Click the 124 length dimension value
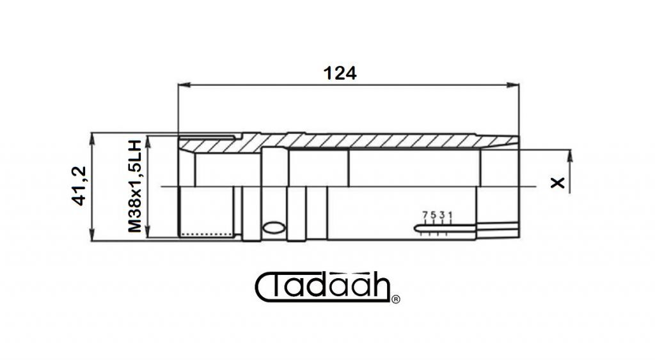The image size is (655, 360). click(x=340, y=73)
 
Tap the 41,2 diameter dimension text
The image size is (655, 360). click(x=79, y=186)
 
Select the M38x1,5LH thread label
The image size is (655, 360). click(x=135, y=186)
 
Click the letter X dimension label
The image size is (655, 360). click(x=558, y=182)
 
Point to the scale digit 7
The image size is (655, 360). click(x=425, y=215)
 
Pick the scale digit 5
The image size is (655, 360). click(x=433, y=215)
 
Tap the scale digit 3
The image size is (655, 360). click(x=441, y=215)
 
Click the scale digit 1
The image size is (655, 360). click(x=450, y=215)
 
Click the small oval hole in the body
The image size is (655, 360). click(x=274, y=227)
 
